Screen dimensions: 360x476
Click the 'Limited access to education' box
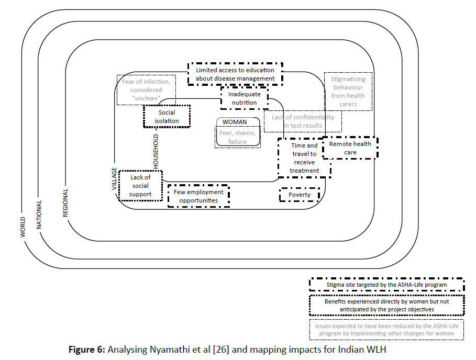pyautogui.click(x=235, y=74)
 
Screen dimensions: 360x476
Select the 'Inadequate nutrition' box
pyautogui.click(x=244, y=98)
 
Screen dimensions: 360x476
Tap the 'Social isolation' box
pyautogui.click(x=167, y=117)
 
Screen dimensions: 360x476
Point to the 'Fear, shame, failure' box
pyautogui.click(x=237, y=137)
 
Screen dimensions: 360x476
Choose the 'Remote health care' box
pyautogui.click(x=350, y=148)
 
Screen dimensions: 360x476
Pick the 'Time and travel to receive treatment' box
pyautogui.click(x=304, y=158)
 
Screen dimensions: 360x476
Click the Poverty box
pyautogui.click(x=300, y=195)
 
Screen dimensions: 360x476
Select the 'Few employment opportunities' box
pyautogui.click(x=199, y=196)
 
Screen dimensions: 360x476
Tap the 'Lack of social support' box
pyautogui.click(x=140, y=186)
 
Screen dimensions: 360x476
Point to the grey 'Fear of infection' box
pyautogui.click(x=146, y=89)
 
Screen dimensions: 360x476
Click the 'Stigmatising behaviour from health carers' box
pyautogui.click(x=348, y=92)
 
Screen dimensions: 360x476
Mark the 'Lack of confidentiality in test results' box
pyautogui.click(x=303, y=121)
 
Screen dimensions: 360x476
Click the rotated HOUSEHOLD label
pyautogui.click(x=156, y=151)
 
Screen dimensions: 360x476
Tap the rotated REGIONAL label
pyautogui.click(x=65, y=203)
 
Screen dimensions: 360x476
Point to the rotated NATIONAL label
pyautogui.click(x=39, y=214)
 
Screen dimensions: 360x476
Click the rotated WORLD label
pyautogui.click(x=23, y=227)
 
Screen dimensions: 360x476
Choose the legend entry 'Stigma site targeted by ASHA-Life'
pyautogui.click(x=386, y=285)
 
